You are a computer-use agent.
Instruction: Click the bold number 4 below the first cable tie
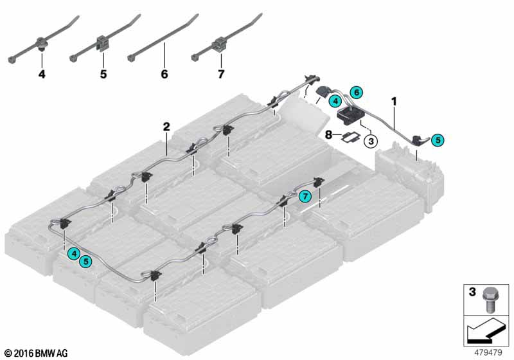click(42, 74)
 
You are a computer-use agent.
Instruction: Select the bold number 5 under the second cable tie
click(103, 74)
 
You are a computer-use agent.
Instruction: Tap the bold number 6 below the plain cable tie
click(164, 74)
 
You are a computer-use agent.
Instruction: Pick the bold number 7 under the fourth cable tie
click(221, 74)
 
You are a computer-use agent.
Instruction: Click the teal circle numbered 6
click(357, 93)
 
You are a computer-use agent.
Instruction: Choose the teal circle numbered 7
click(305, 197)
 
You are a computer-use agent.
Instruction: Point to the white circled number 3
click(371, 141)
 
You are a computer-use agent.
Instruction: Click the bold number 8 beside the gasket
click(329, 134)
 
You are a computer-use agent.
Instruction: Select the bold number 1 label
click(394, 102)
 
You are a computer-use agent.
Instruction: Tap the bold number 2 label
click(166, 127)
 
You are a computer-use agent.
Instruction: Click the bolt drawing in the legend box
click(490, 300)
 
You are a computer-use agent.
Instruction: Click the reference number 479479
click(488, 352)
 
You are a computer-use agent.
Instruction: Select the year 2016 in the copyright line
click(24, 354)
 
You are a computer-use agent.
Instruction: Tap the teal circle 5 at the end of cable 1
click(438, 140)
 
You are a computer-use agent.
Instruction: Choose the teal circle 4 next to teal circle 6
click(335, 102)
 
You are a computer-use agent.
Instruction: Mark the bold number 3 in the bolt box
click(472, 291)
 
